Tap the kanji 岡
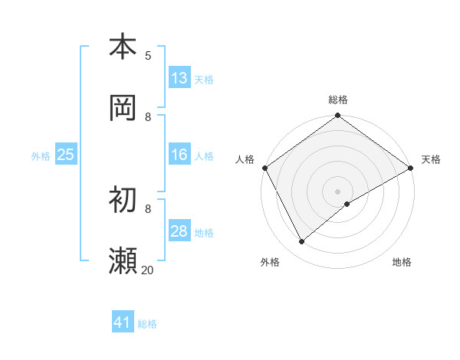(x=123, y=107)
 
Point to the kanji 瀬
(x=123, y=260)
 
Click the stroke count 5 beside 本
(x=148, y=55)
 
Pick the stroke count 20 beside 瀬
(x=147, y=270)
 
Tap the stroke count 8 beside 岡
(x=148, y=116)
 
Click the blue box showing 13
(x=179, y=78)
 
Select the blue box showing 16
(x=179, y=155)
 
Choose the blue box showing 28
(x=179, y=231)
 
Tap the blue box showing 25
(x=65, y=155)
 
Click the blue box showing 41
(x=123, y=323)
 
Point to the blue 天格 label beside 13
(x=203, y=79)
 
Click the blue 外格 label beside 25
(x=41, y=155)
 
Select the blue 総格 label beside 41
(x=147, y=324)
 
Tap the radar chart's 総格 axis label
(x=338, y=100)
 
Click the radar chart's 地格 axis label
(x=402, y=262)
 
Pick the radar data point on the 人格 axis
(x=264, y=168)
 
